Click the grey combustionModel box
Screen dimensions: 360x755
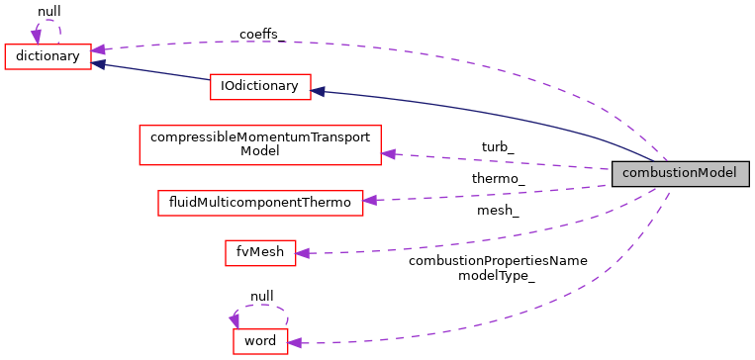(680, 173)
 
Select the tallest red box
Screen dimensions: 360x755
(259, 144)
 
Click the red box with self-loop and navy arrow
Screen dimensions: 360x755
(47, 56)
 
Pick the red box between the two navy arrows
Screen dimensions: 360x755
(260, 87)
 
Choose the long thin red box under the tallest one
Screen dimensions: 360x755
(260, 203)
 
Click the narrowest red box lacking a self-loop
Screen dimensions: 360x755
(260, 253)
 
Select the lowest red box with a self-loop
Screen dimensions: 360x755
(260, 341)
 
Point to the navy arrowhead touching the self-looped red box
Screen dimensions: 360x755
(99, 64)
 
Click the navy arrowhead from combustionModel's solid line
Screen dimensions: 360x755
(319, 92)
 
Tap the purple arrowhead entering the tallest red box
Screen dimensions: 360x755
(388, 154)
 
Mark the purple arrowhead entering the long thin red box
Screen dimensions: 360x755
(370, 201)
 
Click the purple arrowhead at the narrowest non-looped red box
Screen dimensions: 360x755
(303, 253)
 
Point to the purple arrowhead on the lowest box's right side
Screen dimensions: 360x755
(295, 343)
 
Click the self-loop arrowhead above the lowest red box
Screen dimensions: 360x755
(235, 320)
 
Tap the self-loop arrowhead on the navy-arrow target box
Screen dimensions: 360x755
(36, 37)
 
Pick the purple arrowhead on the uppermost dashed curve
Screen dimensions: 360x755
(99, 49)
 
